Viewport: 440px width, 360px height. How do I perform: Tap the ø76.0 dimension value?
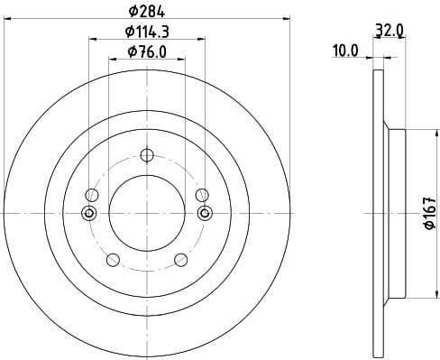pyautogui.click(x=147, y=51)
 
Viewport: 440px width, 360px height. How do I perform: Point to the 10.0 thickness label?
pyautogui.click(x=345, y=52)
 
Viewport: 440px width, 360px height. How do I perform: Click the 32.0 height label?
pyautogui.click(x=388, y=30)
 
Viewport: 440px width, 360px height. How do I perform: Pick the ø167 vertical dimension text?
pyautogui.click(x=428, y=212)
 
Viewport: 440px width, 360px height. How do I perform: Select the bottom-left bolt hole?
pyautogui.click(x=113, y=260)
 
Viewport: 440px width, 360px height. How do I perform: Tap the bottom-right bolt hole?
pyautogui.click(x=181, y=260)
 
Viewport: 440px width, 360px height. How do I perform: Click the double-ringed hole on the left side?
pyautogui.click(x=89, y=213)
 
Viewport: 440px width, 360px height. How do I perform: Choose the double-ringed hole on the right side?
pyautogui.click(x=205, y=213)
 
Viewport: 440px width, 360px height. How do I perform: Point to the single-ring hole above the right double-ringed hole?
pyautogui.click(x=202, y=194)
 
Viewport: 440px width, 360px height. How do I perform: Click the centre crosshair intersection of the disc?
pyautogui.click(x=147, y=213)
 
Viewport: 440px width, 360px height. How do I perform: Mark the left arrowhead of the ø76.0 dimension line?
pyautogui.click(x=113, y=60)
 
